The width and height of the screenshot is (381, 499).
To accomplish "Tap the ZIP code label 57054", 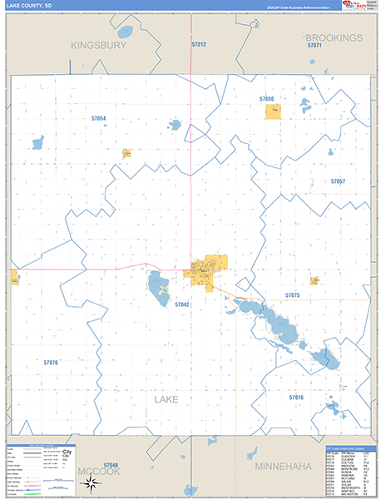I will (x=99, y=119).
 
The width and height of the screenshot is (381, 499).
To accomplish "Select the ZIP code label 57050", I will (x=266, y=99).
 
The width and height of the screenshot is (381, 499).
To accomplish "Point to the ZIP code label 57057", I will (x=338, y=180).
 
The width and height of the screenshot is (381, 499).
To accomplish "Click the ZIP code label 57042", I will (x=182, y=305).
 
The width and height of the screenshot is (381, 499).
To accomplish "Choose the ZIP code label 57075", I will (x=292, y=295).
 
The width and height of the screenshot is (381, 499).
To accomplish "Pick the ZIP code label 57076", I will (x=51, y=363).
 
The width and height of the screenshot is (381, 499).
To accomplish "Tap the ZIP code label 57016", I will (x=297, y=398).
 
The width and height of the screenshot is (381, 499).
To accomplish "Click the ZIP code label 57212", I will (x=199, y=43).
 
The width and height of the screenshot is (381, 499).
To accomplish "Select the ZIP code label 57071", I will (x=314, y=46).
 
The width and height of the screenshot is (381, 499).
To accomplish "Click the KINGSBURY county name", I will (x=98, y=46).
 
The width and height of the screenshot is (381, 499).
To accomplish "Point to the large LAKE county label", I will (x=166, y=400).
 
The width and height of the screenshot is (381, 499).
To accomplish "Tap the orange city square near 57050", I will (x=273, y=111).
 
